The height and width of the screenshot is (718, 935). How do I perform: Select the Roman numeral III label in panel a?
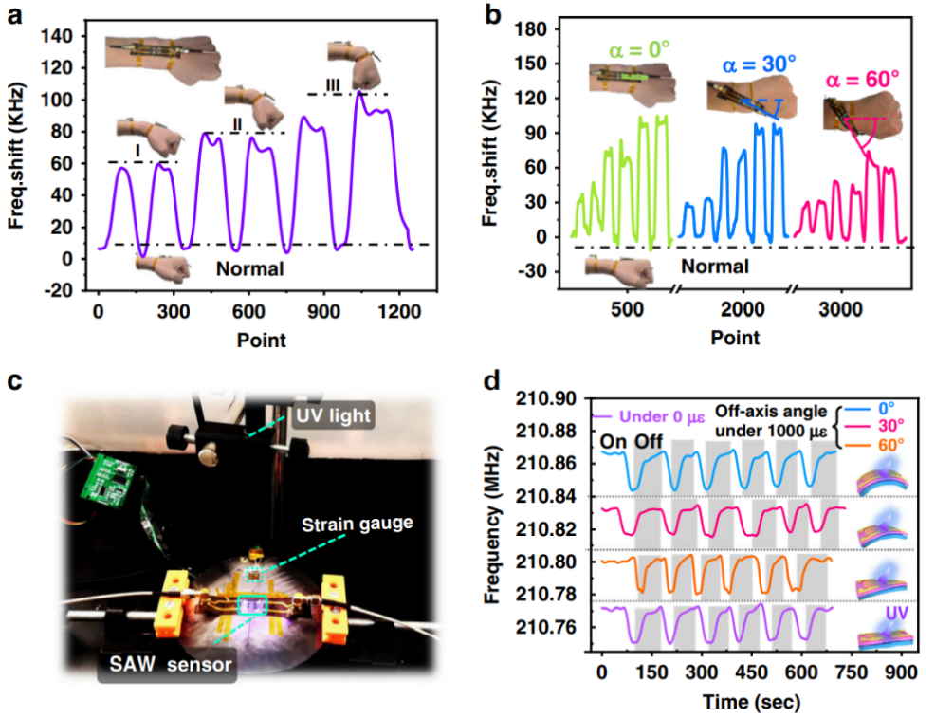(333, 86)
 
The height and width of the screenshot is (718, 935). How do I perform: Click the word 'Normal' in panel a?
(249, 269)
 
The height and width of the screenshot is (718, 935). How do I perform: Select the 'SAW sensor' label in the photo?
(166, 666)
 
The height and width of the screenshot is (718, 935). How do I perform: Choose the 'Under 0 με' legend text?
(659, 415)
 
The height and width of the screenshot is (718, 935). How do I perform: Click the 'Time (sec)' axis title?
(752, 702)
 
